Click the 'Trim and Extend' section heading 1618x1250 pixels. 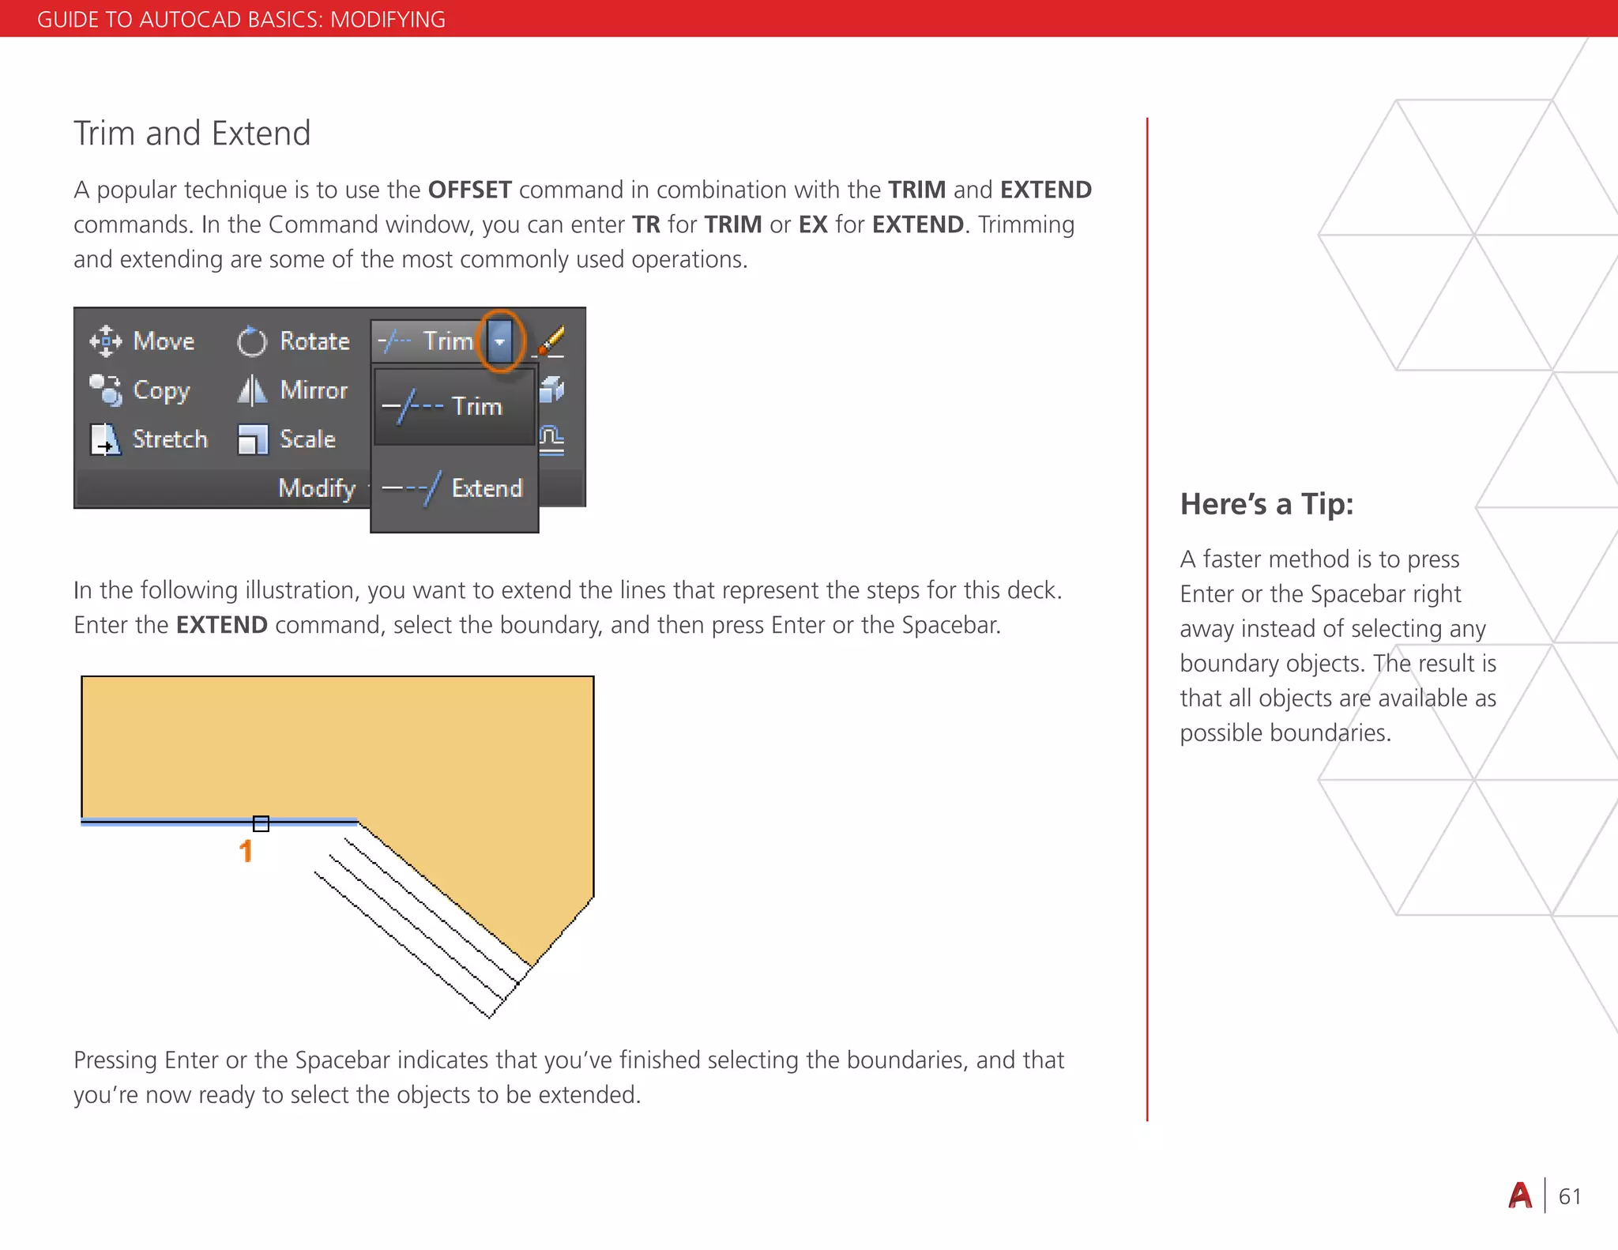point(192,134)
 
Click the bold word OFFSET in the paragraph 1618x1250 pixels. point(469,190)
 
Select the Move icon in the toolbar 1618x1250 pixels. point(106,341)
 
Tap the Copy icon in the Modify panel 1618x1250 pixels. point(106,390)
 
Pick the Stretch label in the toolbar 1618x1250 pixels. point(170,439)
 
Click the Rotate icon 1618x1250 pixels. point(252,341)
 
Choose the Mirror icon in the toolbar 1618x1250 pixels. point(252,390)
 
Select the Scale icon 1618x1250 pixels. point(253,440)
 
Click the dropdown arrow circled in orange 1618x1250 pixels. point(500,341)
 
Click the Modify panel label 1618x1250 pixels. point(317,488)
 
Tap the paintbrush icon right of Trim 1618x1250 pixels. point(551,341)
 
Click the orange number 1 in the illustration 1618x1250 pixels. point(246,851)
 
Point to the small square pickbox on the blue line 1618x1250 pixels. point(261,823)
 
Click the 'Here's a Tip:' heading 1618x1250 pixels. point(1266,504)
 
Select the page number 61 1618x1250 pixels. point(1569,1197)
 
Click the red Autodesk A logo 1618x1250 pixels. point(1520,1196)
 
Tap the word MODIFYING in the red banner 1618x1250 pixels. point(387,20)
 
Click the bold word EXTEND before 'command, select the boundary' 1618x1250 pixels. point(222,626)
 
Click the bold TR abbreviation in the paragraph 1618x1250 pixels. point(645,225)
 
